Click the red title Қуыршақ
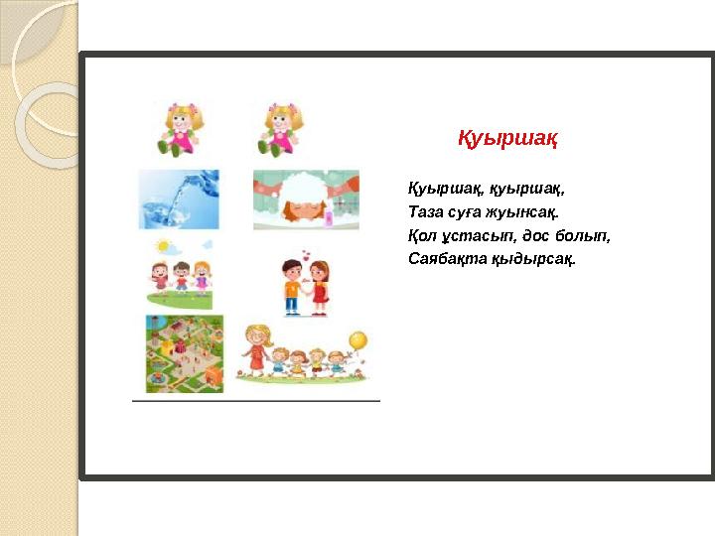[x=507, y=138]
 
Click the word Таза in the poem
[x=425, y=212]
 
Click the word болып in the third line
[x=583, y=236]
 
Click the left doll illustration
[x=181, y=129]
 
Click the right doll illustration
[x=280, y=130]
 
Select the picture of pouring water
[x=179, y=200]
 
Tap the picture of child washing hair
[x=306, y=200]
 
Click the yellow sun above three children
[x=162, y=246]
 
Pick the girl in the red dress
[x=320, y=288]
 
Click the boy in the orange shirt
[x=292, y=287]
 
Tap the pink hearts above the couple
[x=306, y=254]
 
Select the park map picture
[x=185, y=353]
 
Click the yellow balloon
[x=357, y=340]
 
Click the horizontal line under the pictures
[x=256, y=401]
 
